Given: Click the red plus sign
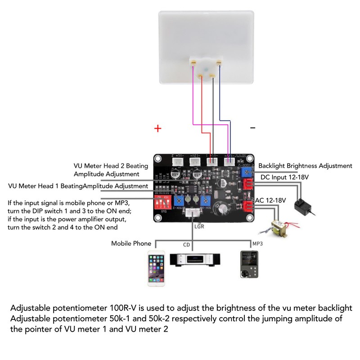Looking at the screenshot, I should coord(157,129).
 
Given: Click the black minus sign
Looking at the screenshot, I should coord(252,128).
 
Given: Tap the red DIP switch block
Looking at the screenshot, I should coord(162,200).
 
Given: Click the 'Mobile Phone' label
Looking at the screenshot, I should coord(131,243).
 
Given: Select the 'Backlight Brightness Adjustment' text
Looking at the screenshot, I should coord(305,166).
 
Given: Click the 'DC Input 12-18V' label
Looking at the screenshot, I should coord(284,177).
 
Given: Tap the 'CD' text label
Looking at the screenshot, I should coord(186,245).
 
